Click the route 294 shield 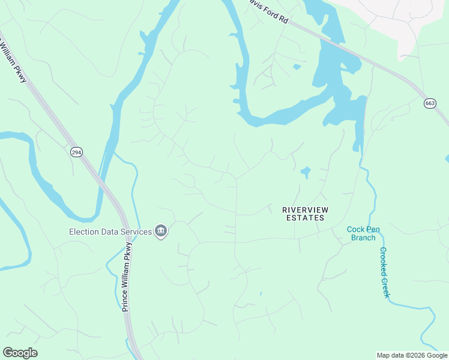(76, 152)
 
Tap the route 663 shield (430, 103)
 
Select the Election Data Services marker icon (160, 232)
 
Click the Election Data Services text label (110, 232)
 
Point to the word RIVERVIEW (307, 209)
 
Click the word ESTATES (305, 218)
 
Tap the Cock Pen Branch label (363, 233)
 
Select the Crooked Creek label (384, 272)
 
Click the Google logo (20, 353)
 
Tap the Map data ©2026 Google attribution (412, 355)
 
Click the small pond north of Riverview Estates (306, 173)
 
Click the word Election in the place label (85, 232)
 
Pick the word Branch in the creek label (363, 238)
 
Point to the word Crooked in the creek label (382, 262)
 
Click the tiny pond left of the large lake (297, 67)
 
